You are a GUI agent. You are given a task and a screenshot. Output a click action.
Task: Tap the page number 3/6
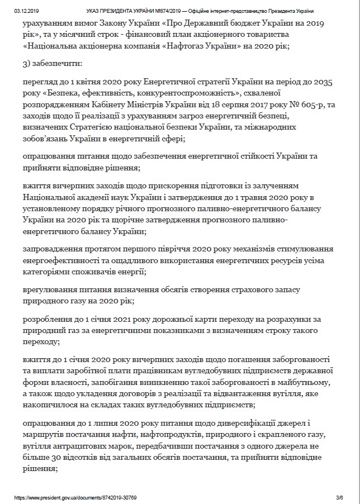(x=339, y=497)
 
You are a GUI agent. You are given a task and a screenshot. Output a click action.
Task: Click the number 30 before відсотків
(x=58, y=457)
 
